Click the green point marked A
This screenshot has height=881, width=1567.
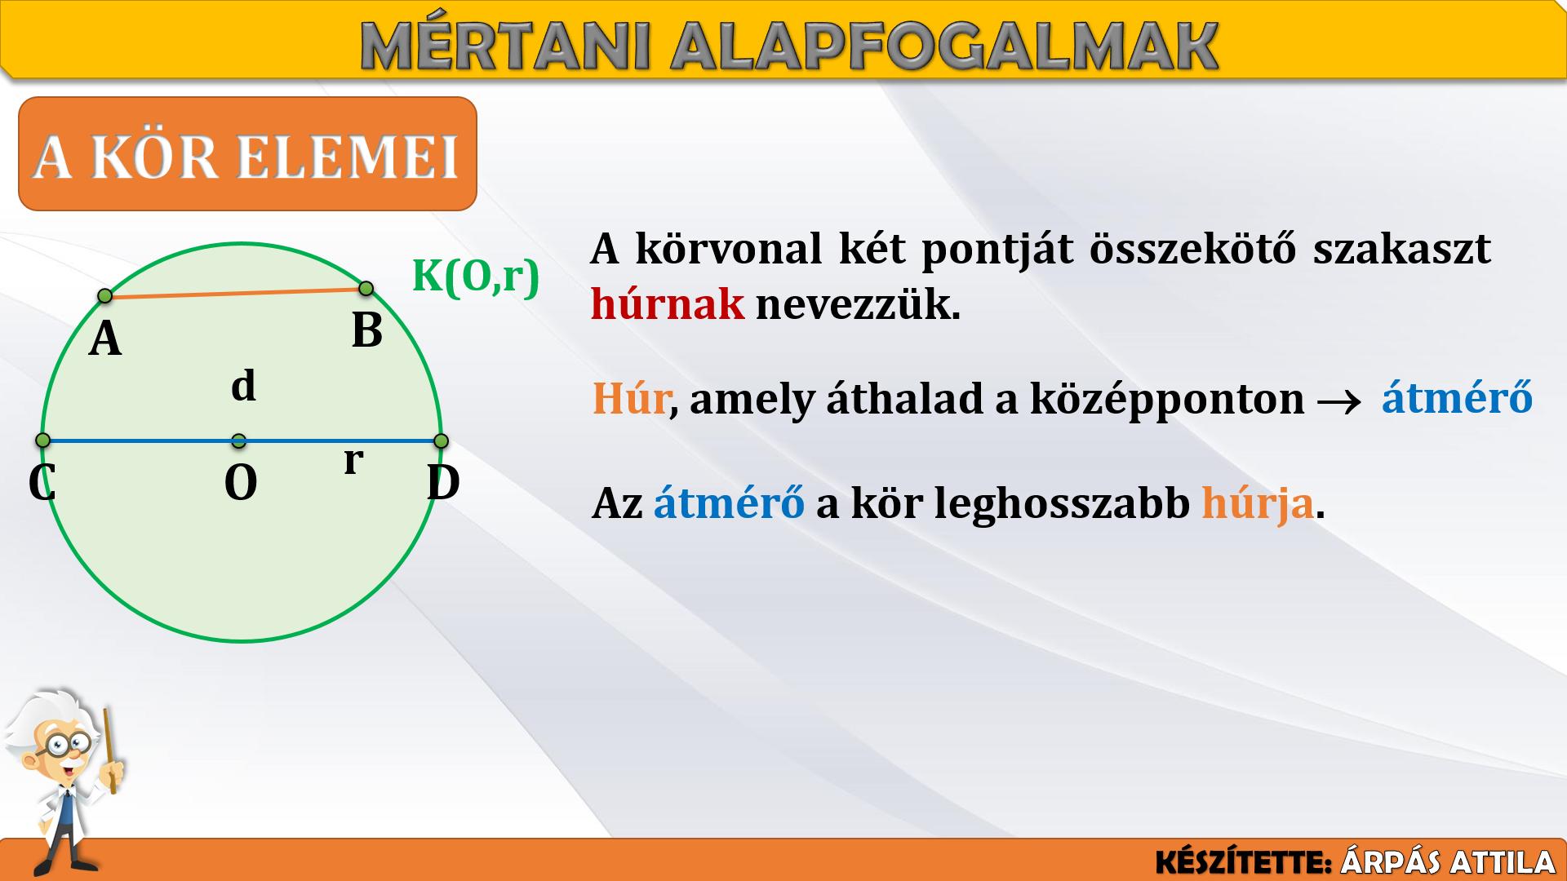tap(104, 295)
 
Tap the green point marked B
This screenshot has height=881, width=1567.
tap(366, 288)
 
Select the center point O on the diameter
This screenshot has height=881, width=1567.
tap(238, 441)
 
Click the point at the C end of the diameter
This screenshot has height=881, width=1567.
tap(43, 440)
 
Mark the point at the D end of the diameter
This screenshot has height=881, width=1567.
tap(442, 441)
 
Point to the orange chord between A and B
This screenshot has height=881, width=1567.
tap(236, 292)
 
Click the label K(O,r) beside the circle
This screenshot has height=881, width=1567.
tap(476, 276)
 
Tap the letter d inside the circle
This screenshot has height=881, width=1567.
tap(243, 385)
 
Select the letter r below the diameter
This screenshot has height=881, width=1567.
tap(353, 460)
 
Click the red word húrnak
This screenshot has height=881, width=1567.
tap(668, 304)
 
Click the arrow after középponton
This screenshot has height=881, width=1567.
tap(1339, 401)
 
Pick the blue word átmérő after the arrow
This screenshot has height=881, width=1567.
tap(1457, 398)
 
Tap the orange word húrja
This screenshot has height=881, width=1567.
tap(1258, 504)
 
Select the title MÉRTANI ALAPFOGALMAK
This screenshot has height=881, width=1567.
tap(789, 46)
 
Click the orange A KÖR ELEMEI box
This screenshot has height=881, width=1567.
tap(247, 153)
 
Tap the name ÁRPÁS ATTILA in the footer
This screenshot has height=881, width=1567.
tap(1448, 862)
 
